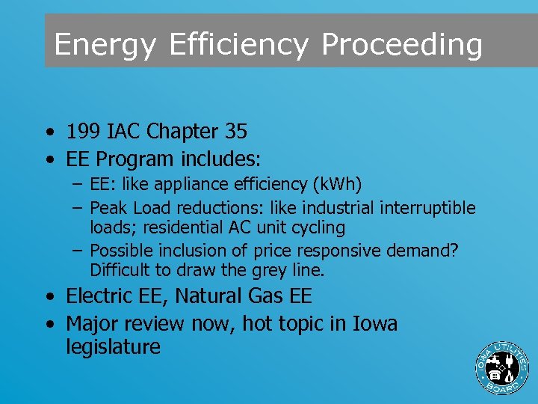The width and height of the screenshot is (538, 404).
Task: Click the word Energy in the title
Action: tap(105, 45)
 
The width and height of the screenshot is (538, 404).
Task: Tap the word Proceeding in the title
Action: tap(402, 45)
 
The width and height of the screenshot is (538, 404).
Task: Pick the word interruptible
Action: tap(427, 207)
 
